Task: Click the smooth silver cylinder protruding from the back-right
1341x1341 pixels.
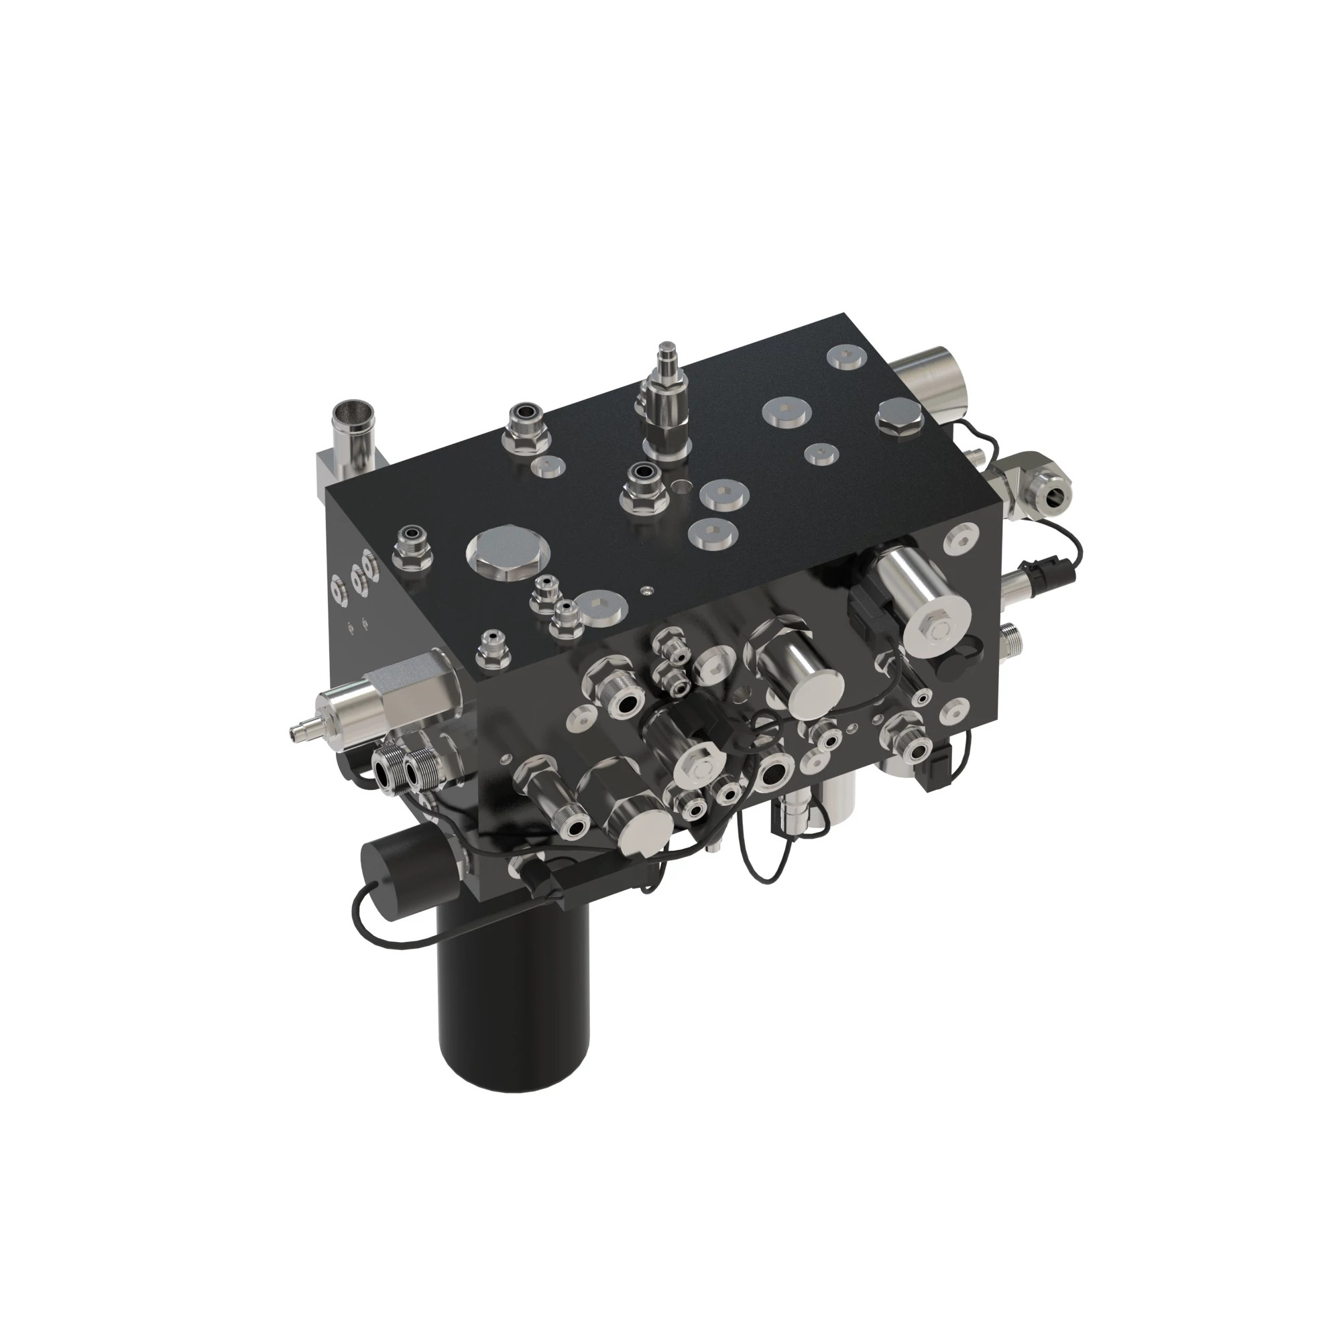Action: click(x=937, y=378)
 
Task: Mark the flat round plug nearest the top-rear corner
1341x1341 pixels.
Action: click(x=846, y=358)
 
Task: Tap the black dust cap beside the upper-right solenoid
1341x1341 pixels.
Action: click(x=961, y=659)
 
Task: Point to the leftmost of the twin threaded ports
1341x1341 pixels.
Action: click(x=387, y=768)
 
